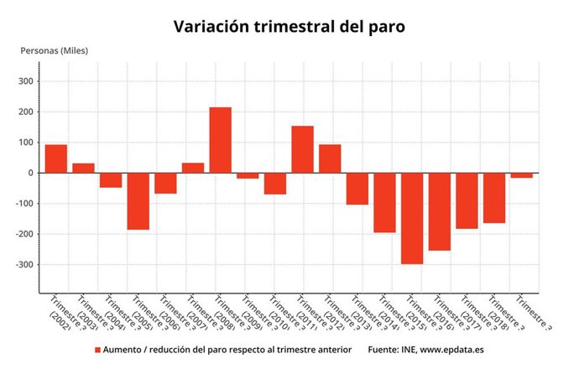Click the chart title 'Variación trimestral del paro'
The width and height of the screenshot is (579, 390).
pyautogui.click(x=289, y=26)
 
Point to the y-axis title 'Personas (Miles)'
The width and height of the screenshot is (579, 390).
pyautogui.click(x=54, y=50)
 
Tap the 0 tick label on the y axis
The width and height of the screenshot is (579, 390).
pyautogui.click(x=29, y=173)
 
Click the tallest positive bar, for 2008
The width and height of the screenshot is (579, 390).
pyautogui.click(x=220, y=140)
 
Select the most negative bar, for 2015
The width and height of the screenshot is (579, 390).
pyautogui.click(x=412, y=218)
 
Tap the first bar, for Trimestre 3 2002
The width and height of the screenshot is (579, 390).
pyautogui.click(x=56, y=159)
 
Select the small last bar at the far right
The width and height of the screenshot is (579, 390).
pyautogui.click(x=522, y=175)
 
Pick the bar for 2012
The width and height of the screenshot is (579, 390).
pyautogui.click(x=330, y=159)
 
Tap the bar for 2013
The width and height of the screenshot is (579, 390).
pyautogui.click(x=357, y=189)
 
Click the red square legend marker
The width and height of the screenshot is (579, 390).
pyautogui.click(x=97, y=349)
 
